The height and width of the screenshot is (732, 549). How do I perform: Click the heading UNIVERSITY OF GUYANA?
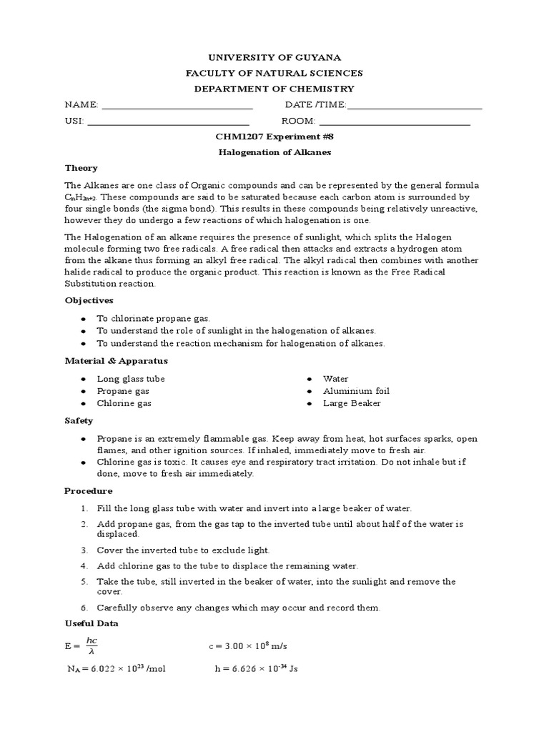pyautogui.click(x=274, y=56)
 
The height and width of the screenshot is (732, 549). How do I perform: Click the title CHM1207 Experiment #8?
pyautogui.click(x=274, y=137)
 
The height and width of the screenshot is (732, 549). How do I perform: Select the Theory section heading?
pyautogui.click(x=81, y=168)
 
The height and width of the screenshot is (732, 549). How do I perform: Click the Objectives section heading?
pyautogui.click(x=89, y=300)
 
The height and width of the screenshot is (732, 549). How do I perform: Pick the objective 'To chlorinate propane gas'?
pyautogui.click(x=154, y=318)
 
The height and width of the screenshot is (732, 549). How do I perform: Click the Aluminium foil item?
pyautogui.click(x=356, y=391)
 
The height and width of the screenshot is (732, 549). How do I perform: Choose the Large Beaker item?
pyautogui.click(x=352, y=403)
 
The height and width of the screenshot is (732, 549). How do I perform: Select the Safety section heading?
pyautogui.click(x=79, y=421)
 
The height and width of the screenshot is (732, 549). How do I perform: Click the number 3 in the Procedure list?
pyautogui.click(x=84, y=550)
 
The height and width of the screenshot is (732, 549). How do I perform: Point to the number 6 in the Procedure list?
pyautogui.click(x=84, y=608)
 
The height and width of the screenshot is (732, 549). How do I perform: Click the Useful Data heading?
pyautogui.click(x=91, y=623)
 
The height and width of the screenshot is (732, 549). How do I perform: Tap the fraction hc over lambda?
pyautogui.click(x=91, y=646)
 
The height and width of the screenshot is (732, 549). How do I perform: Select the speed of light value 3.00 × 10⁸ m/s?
pyautogui.click(x=248, y=646)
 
